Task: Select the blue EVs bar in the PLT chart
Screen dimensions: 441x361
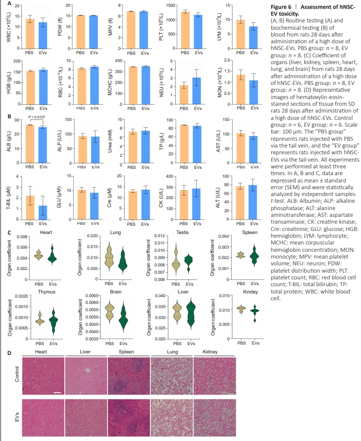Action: point(197,32)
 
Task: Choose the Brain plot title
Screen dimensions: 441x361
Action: point(116,293)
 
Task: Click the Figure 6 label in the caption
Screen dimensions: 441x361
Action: point(282,6)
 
